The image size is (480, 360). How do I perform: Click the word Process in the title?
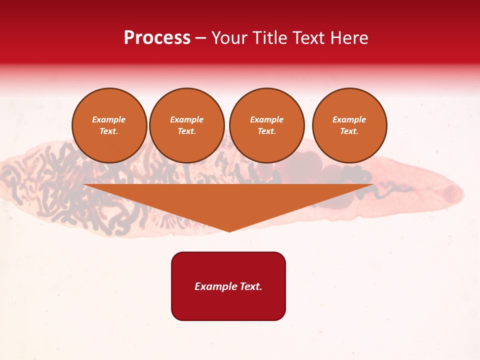coord(157,37)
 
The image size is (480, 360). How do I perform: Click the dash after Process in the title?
coord(201,38)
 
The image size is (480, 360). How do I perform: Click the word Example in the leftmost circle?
coord(109,119)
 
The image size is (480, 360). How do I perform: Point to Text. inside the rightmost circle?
coord(349,131)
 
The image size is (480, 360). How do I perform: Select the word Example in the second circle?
coord(186,119)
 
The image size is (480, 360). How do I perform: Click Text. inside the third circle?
coord(266,131)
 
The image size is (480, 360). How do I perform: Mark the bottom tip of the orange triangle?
coord(229,231)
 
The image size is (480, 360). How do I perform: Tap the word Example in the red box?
coord(215,286)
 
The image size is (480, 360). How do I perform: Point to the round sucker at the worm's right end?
coord(454,192)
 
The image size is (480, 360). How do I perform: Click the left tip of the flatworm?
coord(2,172)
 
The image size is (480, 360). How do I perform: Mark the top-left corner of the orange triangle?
coord(84,184)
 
